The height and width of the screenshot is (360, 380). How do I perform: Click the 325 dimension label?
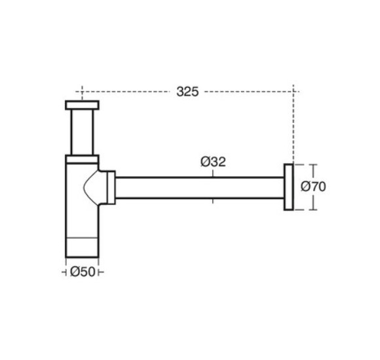187,92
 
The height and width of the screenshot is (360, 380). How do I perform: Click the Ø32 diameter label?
213,162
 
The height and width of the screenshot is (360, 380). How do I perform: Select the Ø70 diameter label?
313,187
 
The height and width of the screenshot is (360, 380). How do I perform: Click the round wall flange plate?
288,187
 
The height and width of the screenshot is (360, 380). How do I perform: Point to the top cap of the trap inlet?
82,105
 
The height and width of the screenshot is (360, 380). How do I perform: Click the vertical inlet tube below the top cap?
82,131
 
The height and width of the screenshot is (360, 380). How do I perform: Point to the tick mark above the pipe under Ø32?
212,173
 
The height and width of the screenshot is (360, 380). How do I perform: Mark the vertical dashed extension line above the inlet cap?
82,93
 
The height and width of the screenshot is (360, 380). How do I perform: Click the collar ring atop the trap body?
82,158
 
